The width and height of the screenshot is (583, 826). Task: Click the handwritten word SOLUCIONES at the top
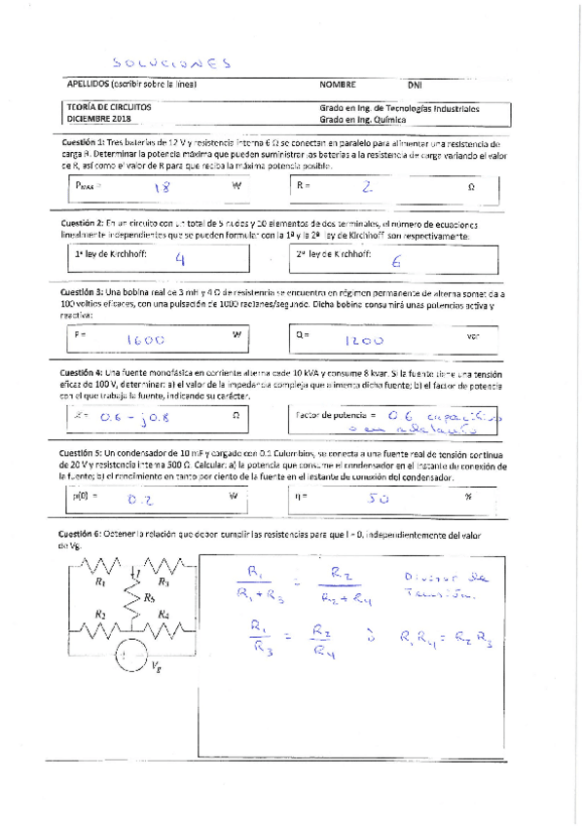[170, 62]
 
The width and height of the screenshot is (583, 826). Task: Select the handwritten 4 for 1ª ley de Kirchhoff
[179, 259]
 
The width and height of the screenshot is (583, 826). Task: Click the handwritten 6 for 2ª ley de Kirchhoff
[396, 260]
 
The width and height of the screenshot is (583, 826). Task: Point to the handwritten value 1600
[146, 340]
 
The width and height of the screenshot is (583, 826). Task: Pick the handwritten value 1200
[365, 340]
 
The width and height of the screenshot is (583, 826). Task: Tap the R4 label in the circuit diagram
[164, 615]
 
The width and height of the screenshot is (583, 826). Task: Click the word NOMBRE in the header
[338, 85]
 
